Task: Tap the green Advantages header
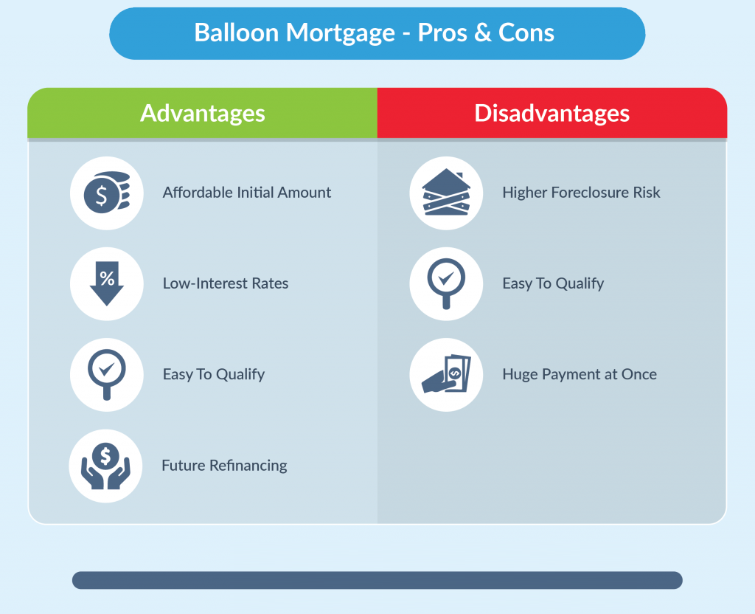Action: (x=203, y=114)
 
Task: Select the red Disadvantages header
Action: (x=552, y=114)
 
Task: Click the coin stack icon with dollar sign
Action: (x=106, y=193)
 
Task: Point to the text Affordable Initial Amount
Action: (x=247, y=193)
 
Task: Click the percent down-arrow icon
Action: (x=106, y=284)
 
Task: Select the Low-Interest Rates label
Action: (x=226, y=283)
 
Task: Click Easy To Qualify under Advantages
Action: (x=214, y=374)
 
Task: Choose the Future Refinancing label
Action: (x=224, y=466)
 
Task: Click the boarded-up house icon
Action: (x=446, y=193)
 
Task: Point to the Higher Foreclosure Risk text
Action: (x=581, y=193)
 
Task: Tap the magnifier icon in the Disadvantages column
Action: (x=446, y=284)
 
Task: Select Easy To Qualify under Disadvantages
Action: (x=553, y=283)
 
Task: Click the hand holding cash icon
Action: (x=446, y=375)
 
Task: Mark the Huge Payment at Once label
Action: (x=580, y=374)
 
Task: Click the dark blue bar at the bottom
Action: (x=377, y=580)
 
